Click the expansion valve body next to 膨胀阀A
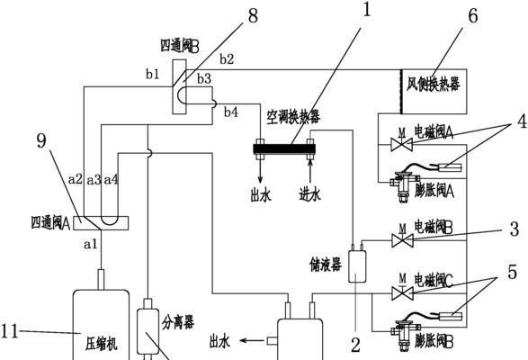tap(404, 186)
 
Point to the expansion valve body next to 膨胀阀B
tap(404, 335)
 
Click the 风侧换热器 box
tap(434, 91)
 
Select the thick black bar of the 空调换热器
tap(284, 148)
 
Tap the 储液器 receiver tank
tap(357, 266)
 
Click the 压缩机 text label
tap(101, 345)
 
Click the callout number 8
tap(253, 16)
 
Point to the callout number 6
tap(473, 16)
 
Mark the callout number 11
tap(9, 331)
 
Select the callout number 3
tap(515, 229)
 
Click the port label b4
tap(231, 112)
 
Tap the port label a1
tap(90, 244)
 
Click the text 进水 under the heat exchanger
tap(310, 194)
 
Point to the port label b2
tap(227, 59)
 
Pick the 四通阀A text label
tap(50, 223)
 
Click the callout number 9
tap(41, 140)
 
